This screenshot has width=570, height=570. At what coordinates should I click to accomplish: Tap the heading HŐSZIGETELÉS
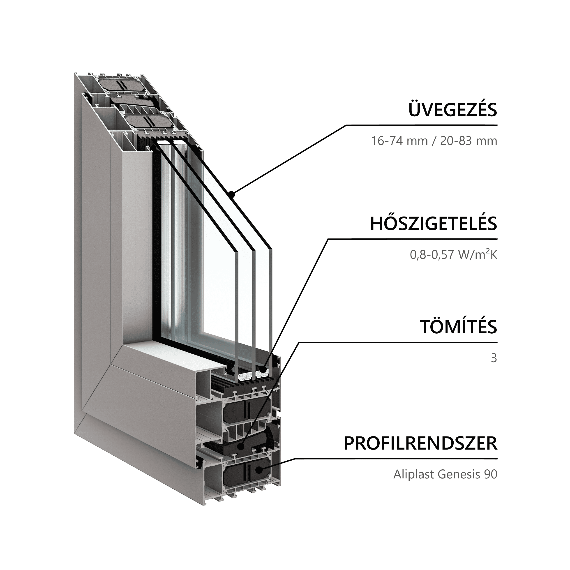(434, 223)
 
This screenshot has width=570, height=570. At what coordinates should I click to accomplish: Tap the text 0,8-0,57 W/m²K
(453, 255)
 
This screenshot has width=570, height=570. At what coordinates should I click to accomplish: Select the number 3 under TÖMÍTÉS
(494, 358)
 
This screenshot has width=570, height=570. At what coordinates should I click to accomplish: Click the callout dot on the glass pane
(232, 194)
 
